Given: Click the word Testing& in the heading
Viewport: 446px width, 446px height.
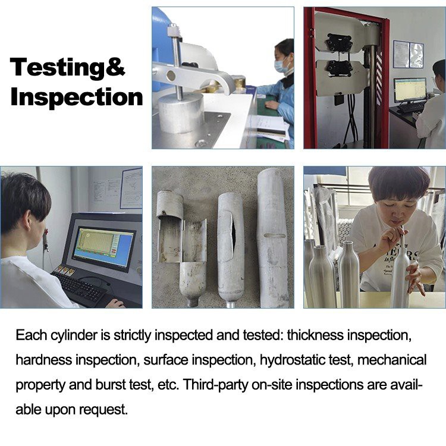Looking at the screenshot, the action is pos(67,67).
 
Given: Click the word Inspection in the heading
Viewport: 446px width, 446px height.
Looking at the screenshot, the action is pos(77,98).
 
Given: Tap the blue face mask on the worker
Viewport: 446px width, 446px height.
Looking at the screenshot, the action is pos(282,65).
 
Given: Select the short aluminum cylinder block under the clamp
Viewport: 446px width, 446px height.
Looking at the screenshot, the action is pos(181,113).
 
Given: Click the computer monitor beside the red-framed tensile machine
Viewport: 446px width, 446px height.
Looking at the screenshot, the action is pos(410,90).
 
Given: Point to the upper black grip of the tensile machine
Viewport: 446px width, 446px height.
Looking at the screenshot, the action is pos(340,43).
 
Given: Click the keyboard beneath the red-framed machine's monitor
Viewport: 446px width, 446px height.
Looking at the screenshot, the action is pos(412,107).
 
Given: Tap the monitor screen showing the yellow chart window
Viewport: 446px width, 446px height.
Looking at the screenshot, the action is pos(102,247).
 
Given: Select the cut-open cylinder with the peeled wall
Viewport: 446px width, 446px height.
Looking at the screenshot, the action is pos(182,247).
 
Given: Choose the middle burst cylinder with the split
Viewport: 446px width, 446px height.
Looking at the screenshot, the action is pos(231,250).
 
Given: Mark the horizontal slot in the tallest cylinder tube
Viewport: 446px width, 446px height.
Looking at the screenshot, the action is pos(275,236).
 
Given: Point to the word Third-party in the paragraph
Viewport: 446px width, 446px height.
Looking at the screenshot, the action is pos(216,385).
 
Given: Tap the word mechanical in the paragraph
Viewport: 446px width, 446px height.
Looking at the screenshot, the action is pos(392,360).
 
